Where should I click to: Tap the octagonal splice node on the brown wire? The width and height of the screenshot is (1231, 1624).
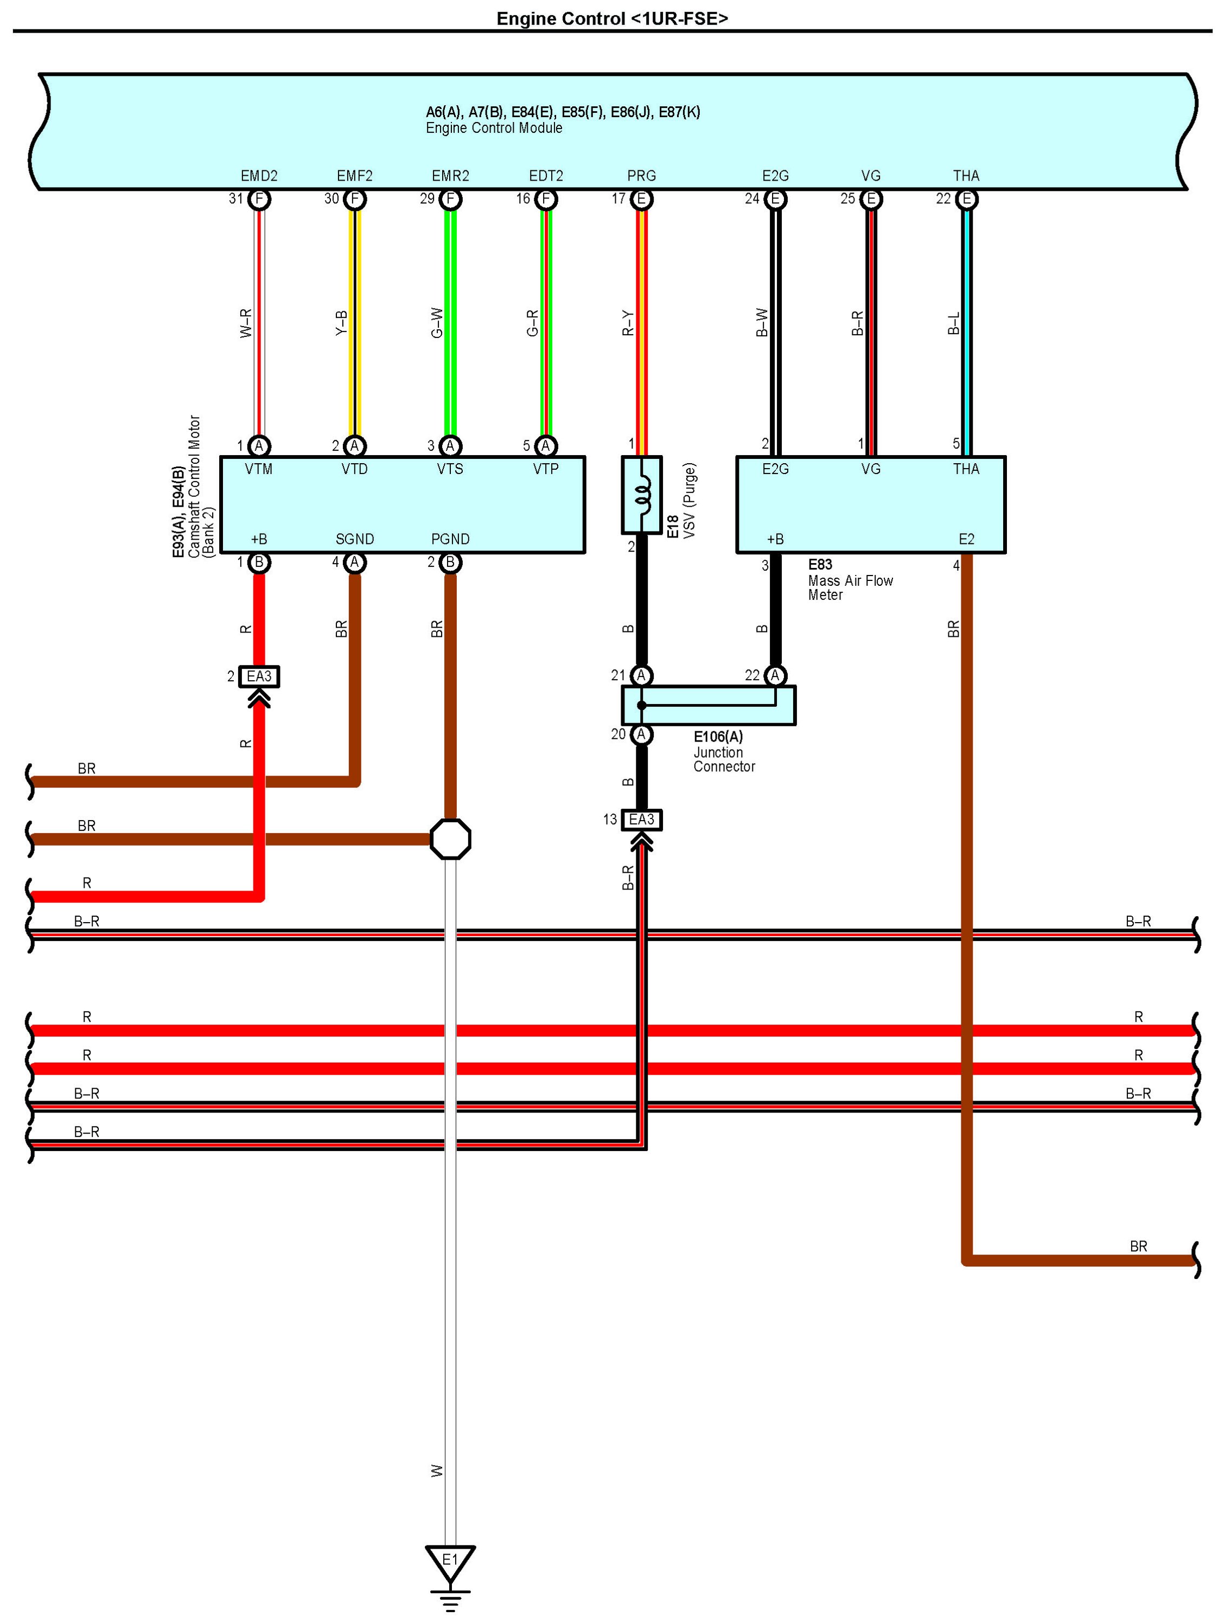click(x=450, y=839)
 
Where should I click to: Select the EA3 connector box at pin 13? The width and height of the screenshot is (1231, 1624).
click(x=641, y=820)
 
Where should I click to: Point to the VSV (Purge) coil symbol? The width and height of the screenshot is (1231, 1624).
click(x=643, y=495)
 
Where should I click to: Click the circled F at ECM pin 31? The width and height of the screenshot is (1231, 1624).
click(x=259, y=199)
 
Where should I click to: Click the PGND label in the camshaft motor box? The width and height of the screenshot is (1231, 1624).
click(x=450, y=539)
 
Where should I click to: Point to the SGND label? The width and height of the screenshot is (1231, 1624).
click(x=355, y=539)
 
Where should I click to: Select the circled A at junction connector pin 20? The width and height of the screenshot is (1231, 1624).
click(x=641, y=734)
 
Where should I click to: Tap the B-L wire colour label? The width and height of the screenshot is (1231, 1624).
click(x=953, y=323)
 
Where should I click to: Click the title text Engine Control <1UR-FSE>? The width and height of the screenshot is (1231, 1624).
click(x=612, y=18)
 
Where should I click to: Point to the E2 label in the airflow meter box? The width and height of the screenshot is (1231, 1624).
click(x=966, y=539)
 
